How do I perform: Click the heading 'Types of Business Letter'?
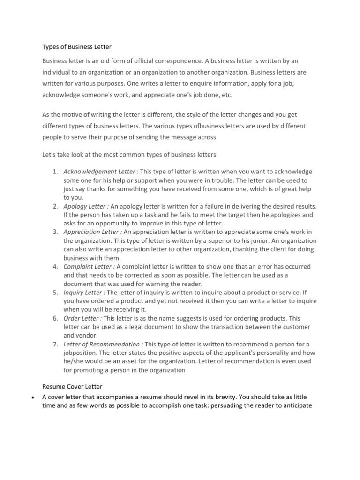(x=77, y=47)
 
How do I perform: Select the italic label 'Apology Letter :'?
(x=86, y=206)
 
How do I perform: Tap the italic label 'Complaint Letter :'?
(x=89, y=267)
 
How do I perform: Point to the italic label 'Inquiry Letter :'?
(x=84, y=292)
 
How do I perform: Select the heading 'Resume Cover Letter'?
(x=72, y=387)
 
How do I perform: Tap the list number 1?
(x=55, y=172)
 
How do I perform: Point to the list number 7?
(x=55, y=344)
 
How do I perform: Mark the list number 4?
(x=55, y=267)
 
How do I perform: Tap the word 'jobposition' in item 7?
(x=81, y=352)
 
